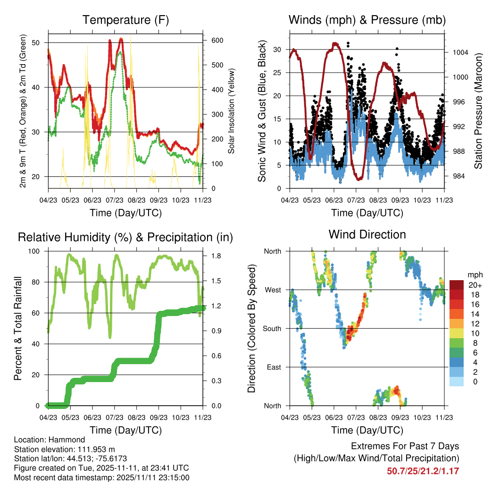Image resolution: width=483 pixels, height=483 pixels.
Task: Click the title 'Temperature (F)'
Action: click(125, 20)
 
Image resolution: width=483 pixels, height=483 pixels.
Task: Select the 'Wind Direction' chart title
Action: click(367, 234)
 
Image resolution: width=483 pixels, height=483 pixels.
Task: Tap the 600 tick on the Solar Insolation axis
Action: click(217, 41)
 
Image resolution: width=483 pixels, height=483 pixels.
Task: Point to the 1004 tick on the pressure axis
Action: click(460, 52)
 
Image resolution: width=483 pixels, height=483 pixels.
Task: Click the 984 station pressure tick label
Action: click(458, 176)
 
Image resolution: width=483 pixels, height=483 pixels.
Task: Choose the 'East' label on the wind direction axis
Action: click(274, 367)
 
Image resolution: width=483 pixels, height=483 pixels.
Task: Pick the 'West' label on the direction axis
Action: click(273, 290)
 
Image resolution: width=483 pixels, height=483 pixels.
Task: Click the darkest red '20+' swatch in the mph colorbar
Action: click(456, 284)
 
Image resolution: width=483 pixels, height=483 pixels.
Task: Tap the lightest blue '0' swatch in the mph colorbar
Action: click(456, 382)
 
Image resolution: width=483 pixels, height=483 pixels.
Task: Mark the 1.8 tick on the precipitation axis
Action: click(216, 256)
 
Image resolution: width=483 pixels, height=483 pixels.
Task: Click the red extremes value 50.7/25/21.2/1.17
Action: click(423, 471)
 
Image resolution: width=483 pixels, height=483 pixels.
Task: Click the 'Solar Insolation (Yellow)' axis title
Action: click(231, 111)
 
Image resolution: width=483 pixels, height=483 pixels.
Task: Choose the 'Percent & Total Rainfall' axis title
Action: click(18, 328)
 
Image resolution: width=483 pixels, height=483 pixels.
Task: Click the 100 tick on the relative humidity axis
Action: click(34, 251)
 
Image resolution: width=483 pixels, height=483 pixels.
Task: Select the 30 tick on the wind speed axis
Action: click(277, 50)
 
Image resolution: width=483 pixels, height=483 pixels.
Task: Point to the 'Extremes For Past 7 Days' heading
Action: click(405, 446)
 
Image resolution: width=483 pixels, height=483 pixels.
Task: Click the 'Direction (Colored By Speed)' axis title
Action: click(252, 328)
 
